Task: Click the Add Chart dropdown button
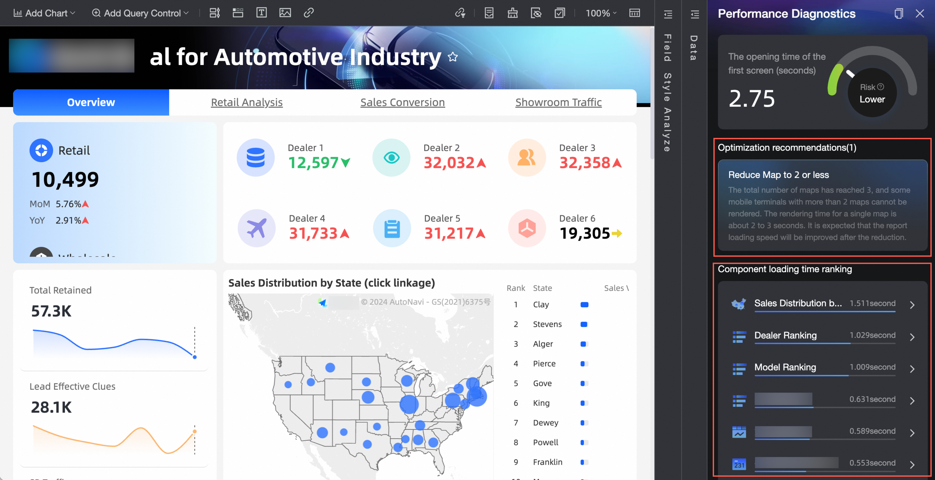[44, 13]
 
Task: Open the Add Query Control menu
[140, 13]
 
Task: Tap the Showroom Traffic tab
[558, 102]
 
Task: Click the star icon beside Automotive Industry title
[453, 57]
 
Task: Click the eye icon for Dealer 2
[391, 158]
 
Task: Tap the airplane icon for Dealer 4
[256, 228]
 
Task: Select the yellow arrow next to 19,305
[617, 233]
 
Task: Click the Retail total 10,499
[65, 179]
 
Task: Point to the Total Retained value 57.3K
[51, 311]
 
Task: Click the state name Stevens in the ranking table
[547, 324]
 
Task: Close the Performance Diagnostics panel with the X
[919, 14]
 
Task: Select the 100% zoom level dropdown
[601, 13]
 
